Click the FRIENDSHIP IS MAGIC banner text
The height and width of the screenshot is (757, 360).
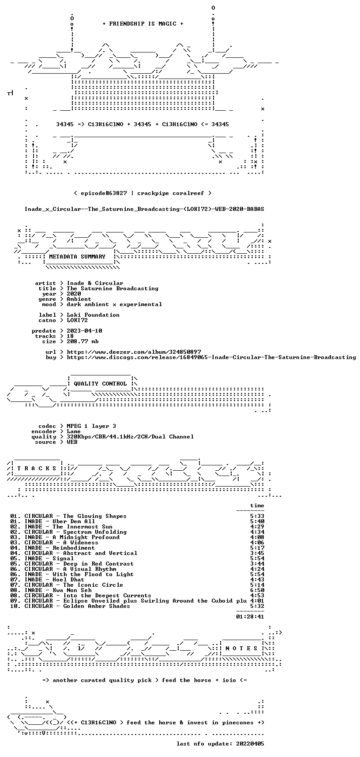point(142,24)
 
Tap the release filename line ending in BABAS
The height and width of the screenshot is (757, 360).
point(144,209)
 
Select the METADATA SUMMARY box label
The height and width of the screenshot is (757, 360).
point(77,257)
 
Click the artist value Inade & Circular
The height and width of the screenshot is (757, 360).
point(95,283)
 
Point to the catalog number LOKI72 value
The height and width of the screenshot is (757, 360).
point(77,320)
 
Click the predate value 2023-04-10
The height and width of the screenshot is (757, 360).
point(84,331)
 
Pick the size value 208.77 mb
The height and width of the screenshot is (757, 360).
point(82,341)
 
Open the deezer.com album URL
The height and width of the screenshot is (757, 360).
point(134,352)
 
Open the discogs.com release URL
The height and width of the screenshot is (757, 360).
point(211,357)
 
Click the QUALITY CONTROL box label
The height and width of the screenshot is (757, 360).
point(100,384)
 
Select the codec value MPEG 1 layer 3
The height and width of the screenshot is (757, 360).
point(91,426)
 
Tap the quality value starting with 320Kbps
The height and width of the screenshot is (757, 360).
point(130,437)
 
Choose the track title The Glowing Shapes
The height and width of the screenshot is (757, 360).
point(95,516)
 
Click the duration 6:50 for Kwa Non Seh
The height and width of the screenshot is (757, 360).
point(257,590)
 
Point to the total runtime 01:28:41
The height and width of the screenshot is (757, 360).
point(250,617)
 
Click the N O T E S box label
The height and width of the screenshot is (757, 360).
point(241,648)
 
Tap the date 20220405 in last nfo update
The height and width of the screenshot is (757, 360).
point(250,744)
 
